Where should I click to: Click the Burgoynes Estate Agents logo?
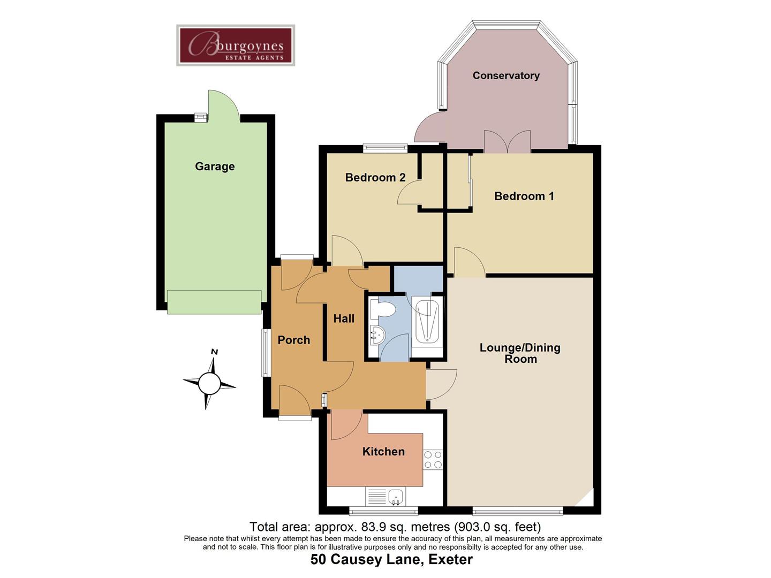click(x=236, y=45)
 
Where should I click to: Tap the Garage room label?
click(x=215, y=166)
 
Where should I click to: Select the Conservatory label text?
click(x=506, y=75)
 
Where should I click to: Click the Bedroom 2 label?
click(x=375, y=178)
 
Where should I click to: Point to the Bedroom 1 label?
click(x=524, y=196)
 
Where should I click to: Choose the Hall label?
click(x=344, y=318)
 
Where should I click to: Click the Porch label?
click(x=293, y=340)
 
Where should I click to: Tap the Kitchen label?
click(x=383, y=451)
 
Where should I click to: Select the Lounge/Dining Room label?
click(x=520, y=353)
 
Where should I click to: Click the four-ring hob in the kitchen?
click(x=433, y=460)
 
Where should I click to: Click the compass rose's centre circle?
click(x=209, y=384)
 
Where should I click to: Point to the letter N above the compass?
click(x=214, y=352)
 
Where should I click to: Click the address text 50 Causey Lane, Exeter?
click(x=391, y=559)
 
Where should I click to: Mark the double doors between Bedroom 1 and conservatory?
click(x=507, y=141)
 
